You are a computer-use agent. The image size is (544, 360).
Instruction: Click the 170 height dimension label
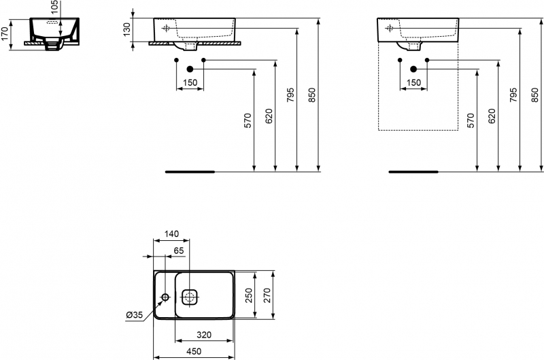tap(5, 34)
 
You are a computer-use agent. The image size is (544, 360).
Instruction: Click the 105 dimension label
tap(55, 7)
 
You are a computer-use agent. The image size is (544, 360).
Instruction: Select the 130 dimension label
tap(126, 29)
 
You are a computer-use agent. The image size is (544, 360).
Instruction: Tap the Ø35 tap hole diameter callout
tap(135, 315)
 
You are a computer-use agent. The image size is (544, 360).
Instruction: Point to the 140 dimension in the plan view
tap(171, 234)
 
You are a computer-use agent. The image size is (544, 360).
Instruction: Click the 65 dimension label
tap(179, 250)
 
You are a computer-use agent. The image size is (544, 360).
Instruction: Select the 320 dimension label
tap(204, 335)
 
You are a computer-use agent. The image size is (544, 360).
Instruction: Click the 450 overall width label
tap(194, 352)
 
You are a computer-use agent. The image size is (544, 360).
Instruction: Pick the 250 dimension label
tap(250, 295)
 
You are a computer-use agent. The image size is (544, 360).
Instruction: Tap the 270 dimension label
tap(267, 295)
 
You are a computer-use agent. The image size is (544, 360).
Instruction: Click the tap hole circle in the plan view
tap(165, 297)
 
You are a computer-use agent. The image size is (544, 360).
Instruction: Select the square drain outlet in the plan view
tap(189, 297)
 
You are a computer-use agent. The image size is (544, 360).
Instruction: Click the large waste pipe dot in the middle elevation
tap(190, 69)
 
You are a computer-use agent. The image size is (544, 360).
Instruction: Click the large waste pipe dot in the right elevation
tap(413, 69)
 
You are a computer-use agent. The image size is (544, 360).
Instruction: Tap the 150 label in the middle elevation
tap(190, 83)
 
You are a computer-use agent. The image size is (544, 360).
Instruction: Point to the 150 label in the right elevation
tap(413, 83)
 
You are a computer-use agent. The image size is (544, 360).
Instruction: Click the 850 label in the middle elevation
tap(312, 95)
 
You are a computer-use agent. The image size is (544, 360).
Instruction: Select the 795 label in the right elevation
tap(513, 95)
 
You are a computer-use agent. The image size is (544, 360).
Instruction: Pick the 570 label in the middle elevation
tap(248, 120)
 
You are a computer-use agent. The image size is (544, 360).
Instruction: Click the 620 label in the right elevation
tap(492, 116)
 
